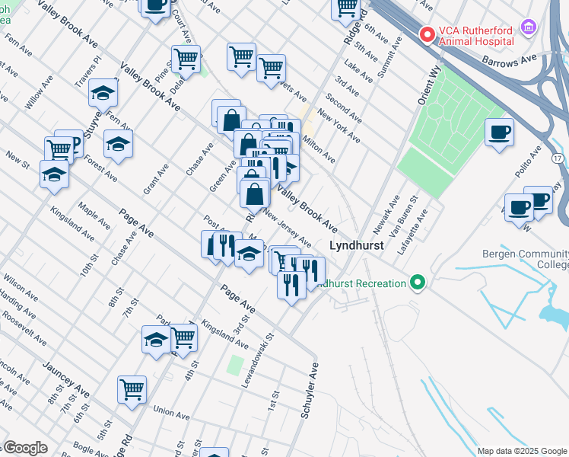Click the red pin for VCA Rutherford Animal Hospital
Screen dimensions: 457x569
(428, 34)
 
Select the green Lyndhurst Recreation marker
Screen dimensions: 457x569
(416, 283)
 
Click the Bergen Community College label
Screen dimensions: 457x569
(526, 259)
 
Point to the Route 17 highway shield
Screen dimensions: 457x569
(558, 157)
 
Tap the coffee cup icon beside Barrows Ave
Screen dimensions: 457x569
(499, 133)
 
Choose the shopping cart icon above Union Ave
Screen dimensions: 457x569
(132, 389)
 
